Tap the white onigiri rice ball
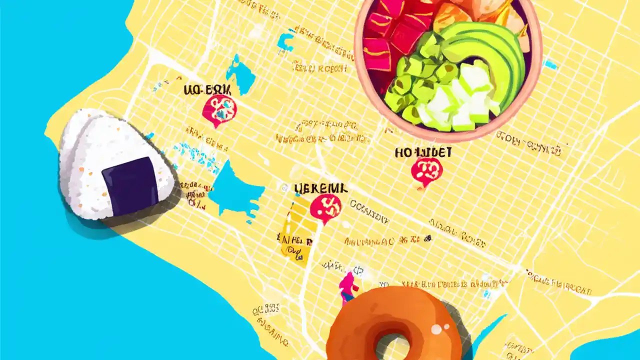point(100,150)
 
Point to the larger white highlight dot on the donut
point(437,328)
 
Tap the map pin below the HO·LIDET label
point(426,171)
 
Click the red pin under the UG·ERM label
point(219,110)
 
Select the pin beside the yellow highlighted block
point(325,207)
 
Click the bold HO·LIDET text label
point(423,152)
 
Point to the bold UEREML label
point(320,188)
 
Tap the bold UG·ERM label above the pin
point(207,90)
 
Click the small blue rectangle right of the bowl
point(550,64)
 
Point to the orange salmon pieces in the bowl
point(450,15)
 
